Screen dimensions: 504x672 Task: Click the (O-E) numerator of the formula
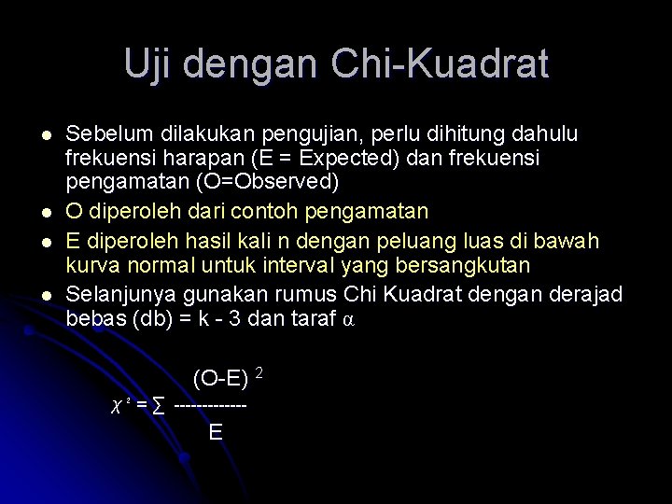point(220,379)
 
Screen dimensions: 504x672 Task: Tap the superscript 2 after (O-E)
point(259,373)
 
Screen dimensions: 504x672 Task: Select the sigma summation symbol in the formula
point(160,407)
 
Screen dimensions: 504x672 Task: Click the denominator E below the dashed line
point(216,432)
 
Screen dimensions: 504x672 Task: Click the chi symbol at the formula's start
point(117,407)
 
